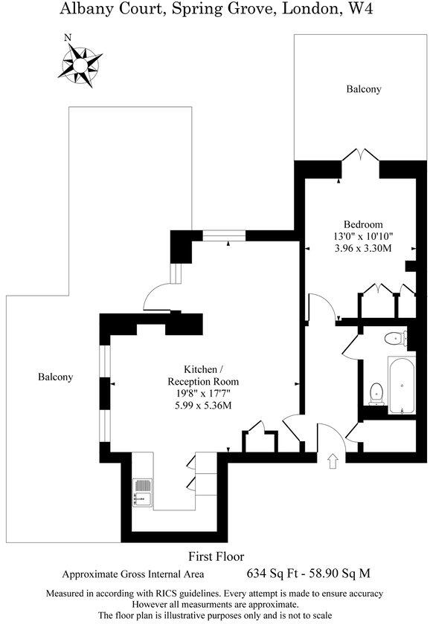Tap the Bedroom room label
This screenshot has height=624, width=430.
363,224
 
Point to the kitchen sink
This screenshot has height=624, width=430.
142,493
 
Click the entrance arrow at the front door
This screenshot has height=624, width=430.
332,461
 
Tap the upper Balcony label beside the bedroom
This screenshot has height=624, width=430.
364,89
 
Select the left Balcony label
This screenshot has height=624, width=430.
56,377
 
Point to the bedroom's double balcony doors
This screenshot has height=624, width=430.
359,156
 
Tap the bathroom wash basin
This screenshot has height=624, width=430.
394,339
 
